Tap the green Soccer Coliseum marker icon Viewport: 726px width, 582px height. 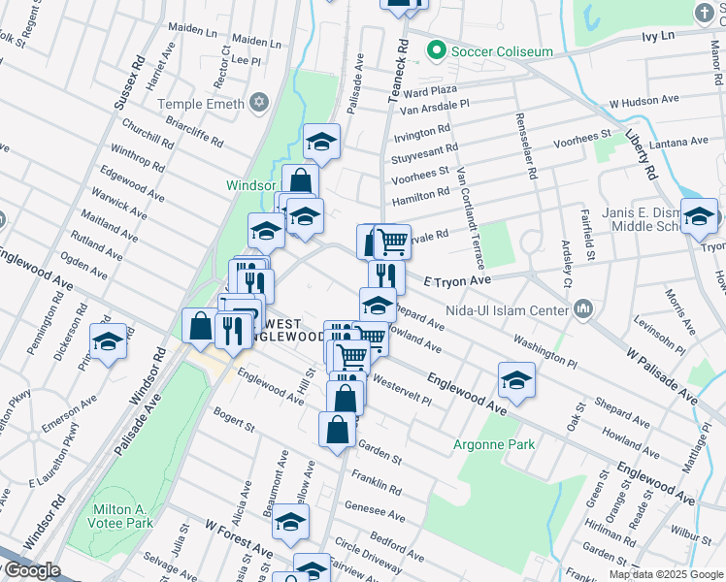[436, 50]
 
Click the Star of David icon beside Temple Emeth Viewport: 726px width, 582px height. [258, 103]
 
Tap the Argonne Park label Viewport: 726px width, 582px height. [493, 444]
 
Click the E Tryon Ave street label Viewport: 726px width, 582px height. [459, 280]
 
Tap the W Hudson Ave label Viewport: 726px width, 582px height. [643, 101]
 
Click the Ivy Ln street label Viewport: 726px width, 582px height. [657, 36]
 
